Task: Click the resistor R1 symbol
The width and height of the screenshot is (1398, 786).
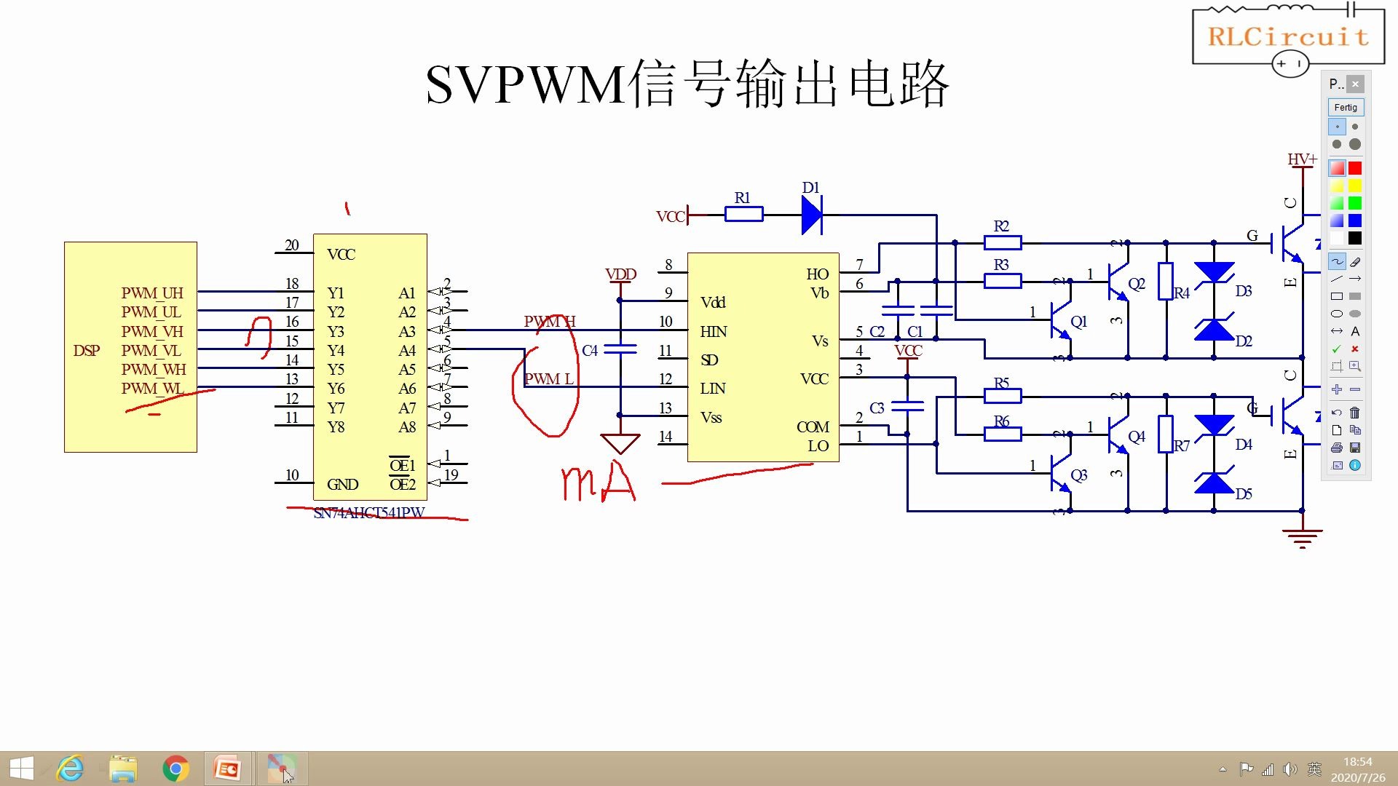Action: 743,214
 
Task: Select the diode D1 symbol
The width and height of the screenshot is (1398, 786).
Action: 812,215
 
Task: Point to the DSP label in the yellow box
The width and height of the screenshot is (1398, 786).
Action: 86,351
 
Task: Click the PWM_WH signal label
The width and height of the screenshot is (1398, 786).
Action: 154,370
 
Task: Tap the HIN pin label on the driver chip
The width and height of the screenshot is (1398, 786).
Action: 713,332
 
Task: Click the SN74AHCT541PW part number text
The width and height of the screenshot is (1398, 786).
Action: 368,513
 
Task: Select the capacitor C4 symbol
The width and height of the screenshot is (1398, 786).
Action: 620,349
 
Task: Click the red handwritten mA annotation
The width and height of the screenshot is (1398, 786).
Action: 599,484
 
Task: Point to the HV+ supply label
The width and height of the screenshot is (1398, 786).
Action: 1301,159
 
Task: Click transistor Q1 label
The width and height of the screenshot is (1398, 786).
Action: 1078,322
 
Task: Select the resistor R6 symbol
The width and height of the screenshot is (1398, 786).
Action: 1003,434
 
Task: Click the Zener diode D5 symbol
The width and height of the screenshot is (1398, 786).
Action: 1215,483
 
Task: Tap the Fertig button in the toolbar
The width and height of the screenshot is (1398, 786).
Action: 1346,108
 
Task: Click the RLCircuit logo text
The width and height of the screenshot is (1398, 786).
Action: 1288,36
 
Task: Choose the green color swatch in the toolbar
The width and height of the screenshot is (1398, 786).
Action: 1354,203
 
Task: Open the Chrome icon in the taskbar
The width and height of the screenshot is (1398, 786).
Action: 175,769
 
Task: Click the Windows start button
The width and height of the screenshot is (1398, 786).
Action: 21,769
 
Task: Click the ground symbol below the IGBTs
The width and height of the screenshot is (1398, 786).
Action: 1302,539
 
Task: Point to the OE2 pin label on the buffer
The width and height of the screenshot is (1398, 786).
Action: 402,485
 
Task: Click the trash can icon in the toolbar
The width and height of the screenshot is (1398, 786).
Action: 1354,413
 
